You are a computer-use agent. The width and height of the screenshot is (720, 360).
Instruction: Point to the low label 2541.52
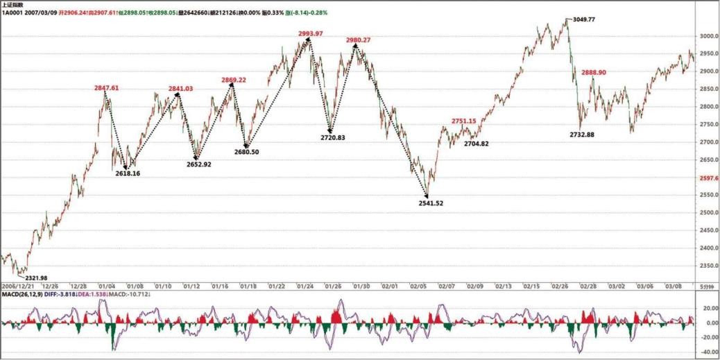point(431,203)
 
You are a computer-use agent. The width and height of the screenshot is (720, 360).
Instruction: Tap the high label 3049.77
point(585,19)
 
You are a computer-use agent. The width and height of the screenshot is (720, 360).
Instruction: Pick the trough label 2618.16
point(128,173)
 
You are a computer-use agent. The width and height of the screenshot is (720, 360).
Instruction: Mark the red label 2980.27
point(358,40)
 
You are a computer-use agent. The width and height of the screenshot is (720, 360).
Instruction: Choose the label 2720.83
point(333,137)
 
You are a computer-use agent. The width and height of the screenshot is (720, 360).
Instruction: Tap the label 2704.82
point(477,144)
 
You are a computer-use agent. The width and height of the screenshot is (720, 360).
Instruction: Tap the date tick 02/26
point(560,285)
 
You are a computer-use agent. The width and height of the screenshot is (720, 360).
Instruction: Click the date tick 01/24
point(305,285)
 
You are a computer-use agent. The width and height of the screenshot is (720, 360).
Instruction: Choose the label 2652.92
point(199,164)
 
